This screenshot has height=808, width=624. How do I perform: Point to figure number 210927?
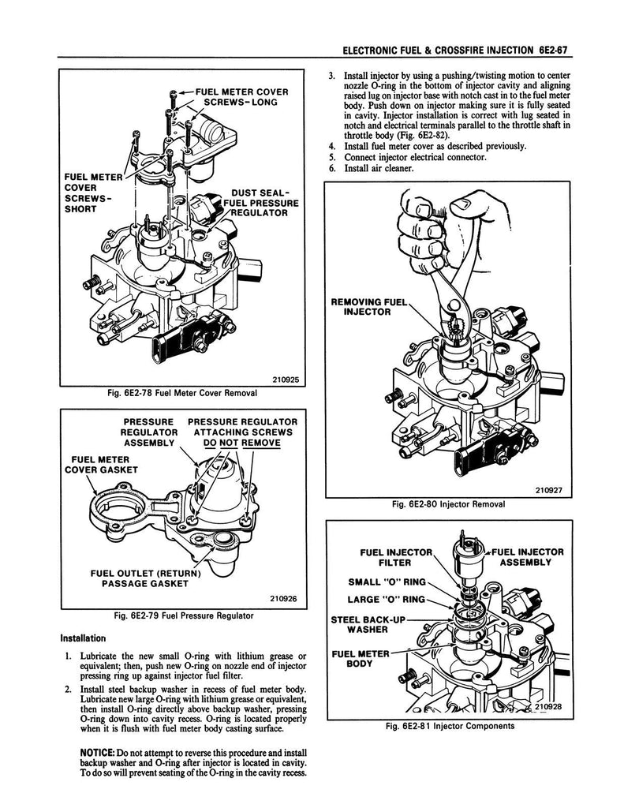pyautogui.click(x=547, y=488)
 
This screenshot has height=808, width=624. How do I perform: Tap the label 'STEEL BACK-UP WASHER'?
pyautogui.click(x=366, y=625)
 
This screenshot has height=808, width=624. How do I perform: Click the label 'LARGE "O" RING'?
pyautogui.click(x=387, y=599)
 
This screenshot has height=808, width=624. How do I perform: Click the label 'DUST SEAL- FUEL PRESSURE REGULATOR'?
pyautogui.click(x=257, y=202)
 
